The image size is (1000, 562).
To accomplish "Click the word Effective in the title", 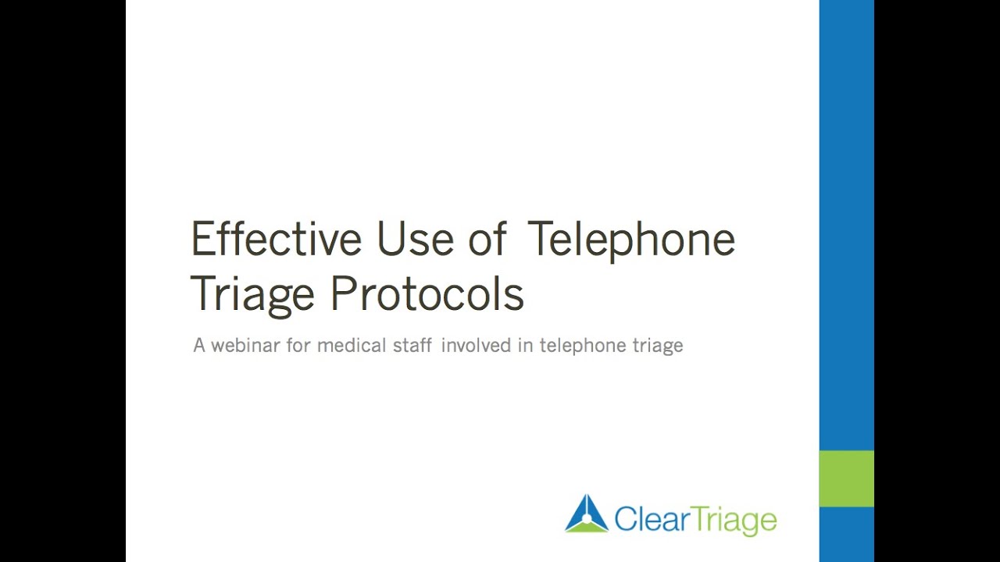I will pos(276,239).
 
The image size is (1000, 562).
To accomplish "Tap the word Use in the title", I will pos(416,239).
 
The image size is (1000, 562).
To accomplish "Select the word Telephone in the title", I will pos(631,239).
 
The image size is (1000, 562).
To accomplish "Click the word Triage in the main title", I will pos(252,295).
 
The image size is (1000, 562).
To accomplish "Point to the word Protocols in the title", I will pos(427,295).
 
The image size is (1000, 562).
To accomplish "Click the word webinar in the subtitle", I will pos(246,345).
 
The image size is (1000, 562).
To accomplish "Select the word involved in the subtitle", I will pos(477,345).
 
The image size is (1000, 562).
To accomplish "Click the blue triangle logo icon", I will pos(587,514).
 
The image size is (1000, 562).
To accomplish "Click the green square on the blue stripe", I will pos(846,478).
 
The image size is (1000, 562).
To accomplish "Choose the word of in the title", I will pos(487,239).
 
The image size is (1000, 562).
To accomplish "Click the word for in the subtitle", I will pos(298,345).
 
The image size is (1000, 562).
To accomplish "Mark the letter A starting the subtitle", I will pos(199,345).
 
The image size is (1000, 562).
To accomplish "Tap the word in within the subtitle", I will pos(525,345).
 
